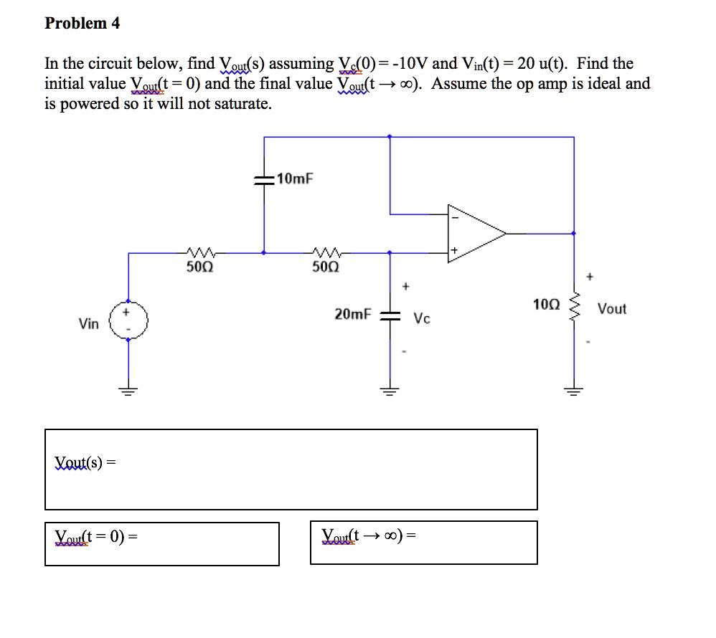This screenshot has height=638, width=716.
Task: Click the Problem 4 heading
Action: pos(82,24)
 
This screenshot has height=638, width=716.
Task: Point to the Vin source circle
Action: pos(128,320)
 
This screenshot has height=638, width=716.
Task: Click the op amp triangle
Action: pos(474,233)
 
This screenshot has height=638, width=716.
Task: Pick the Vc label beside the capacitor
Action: pos(423,319)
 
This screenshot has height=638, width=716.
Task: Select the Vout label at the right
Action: pos(611,309)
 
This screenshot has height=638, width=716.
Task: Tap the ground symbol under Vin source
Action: pos(128,391)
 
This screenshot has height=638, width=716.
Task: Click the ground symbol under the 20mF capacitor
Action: pos(390,391)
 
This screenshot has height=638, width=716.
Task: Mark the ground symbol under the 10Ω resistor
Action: pos(573,391)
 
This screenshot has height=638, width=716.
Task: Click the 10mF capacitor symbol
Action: pos(264,181)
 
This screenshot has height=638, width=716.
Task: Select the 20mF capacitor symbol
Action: pos(390,315)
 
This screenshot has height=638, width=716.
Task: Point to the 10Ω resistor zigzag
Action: pos(573,309)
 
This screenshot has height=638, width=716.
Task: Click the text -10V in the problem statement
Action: pos(410,64)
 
